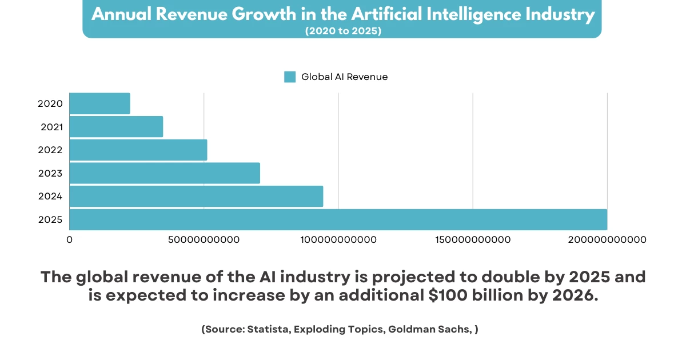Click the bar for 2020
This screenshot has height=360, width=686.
pyautogui.click(x=100, y=103)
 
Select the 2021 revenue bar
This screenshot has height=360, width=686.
pyautogui.click(x=116, y=127)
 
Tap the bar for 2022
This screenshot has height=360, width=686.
pyautogui.click(x=138, y=150)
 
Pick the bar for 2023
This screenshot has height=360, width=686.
pyautogui.click(x=165, y=173)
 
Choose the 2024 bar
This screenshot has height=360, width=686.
pyautogui.click(x=196, y=197)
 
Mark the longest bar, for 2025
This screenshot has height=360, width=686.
pyautogui.click(x=338, y=219)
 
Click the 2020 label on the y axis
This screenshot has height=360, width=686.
pyautogui.click(x=50, y=104)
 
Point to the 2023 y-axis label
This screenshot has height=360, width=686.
pyautogui.click(x=50, y=173)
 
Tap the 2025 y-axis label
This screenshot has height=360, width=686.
pyautogui.click(x=50, y=220)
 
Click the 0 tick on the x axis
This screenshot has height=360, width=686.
pyautogui.click(x=70, y=240)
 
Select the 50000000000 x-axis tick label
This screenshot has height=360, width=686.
pyautogui.click(x=204, y=240)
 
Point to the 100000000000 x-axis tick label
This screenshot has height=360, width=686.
pyautogui.click(x=338, y=240)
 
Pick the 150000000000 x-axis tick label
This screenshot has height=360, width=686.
pyautogui.click(x=473, y=240)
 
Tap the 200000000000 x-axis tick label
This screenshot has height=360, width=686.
pyautogui.click(x=607, y=240)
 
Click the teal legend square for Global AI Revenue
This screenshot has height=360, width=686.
pyautogui.click(x=290, y=77)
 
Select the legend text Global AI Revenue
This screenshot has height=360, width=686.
pyautogui.click(x=344, y=77)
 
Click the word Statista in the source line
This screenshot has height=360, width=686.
pyautogui.click(x=268, y=330)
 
